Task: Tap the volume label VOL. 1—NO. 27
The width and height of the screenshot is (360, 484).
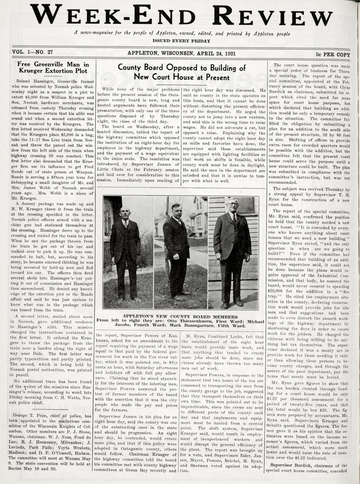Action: coord(32,52)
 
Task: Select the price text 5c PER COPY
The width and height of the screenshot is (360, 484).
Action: coord(333,54)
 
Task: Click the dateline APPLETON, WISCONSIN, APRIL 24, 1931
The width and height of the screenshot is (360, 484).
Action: coord(181,53)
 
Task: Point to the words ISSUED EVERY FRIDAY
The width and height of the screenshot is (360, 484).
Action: coord(181,41)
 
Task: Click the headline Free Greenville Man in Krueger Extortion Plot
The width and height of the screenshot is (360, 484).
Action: coord(53,67)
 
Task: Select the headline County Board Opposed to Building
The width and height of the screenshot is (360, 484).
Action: coord(182,72)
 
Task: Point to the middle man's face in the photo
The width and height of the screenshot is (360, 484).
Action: coord(176,210)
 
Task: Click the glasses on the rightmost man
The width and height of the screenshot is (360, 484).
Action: coord(232,203)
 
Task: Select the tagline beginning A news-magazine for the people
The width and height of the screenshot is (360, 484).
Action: coord(182,33)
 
